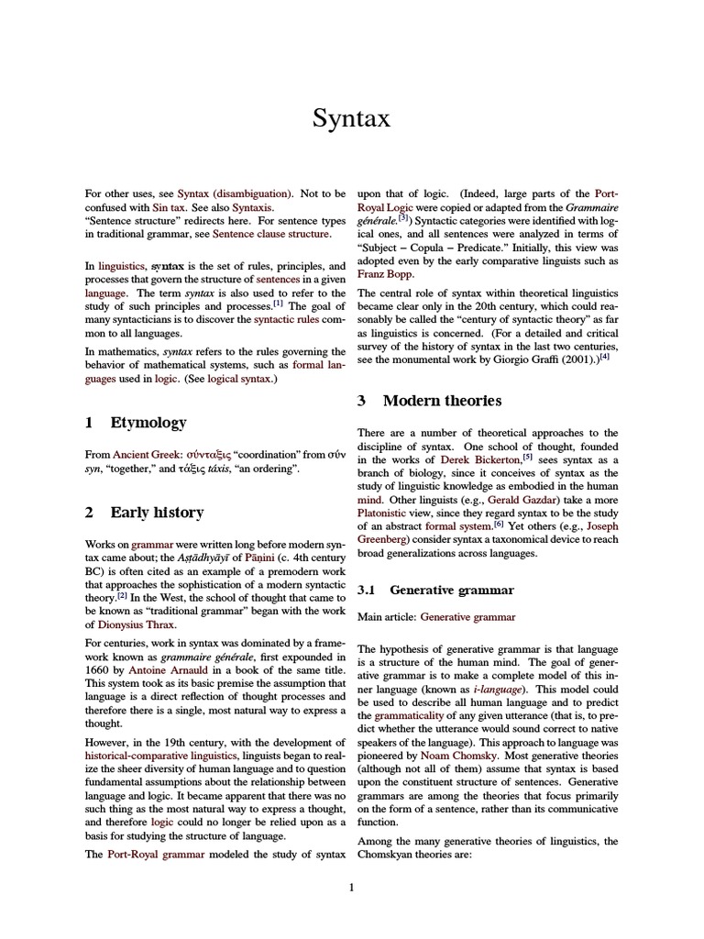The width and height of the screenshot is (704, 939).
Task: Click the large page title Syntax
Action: (x=352, y=119)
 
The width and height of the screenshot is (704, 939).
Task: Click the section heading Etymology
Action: (x=148, y=423)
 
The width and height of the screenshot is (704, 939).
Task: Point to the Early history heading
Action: (x=157, y=513)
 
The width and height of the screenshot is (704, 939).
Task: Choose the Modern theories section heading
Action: (x=442, y=401)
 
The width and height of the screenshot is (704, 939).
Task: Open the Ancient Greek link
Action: (x=148, y=454)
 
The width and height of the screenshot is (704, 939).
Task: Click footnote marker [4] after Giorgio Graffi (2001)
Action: (x=604, y=356)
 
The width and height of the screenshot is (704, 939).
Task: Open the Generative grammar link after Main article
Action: (x=468, y=617)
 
